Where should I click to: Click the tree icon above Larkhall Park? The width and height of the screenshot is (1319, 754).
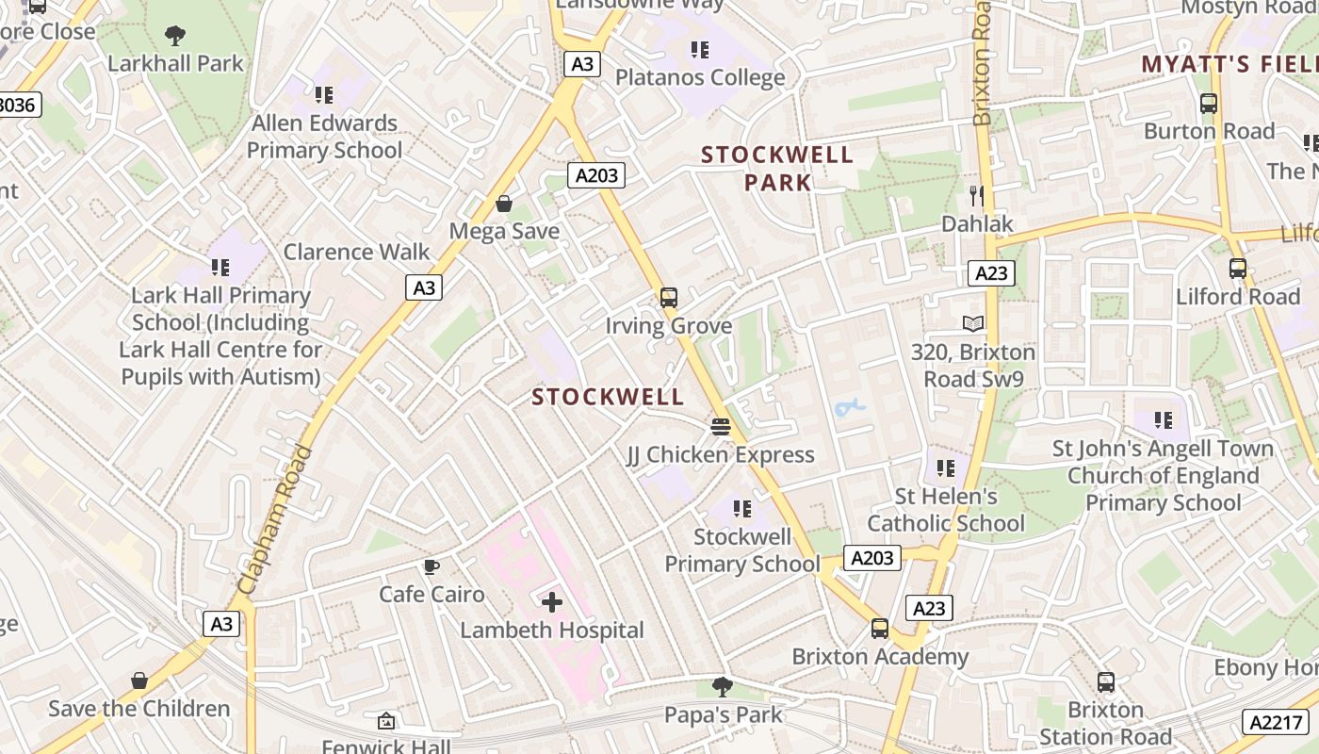pos(174,36)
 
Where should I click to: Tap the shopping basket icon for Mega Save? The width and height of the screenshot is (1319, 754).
pos(504,204)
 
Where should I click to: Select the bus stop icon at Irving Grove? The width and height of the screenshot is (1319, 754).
pos(669,298)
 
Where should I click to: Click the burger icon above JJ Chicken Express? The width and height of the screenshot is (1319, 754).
pos(721,427)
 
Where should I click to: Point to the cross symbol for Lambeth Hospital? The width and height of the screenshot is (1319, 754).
pos(552,602)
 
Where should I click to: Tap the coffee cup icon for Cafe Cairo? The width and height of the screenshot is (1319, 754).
pos(431,566)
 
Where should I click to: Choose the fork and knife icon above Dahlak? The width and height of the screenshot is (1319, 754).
pos(977,196)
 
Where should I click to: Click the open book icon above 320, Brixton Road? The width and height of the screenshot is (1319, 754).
pos(973,324)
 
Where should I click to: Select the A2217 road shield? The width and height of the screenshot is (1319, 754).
pos(1275,722)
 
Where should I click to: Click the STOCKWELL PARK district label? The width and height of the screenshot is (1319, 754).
pos(777,168)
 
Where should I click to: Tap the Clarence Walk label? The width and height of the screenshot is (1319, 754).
pos(356,252)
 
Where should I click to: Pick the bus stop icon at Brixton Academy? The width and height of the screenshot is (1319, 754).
pos(879,629)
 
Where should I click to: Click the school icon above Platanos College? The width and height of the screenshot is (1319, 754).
pos(699,49)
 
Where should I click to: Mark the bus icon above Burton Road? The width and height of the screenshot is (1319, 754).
pos(1209,104)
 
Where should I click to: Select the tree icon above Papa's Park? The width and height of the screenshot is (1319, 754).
pos(723,686)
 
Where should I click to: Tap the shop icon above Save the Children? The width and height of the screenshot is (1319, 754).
pos(139,680)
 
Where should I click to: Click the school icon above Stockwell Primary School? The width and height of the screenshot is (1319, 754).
pos(742,509)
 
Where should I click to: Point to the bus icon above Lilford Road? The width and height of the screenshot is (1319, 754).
pos(1237,269)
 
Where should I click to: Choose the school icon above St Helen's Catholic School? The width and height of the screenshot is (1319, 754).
pos(946,467)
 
